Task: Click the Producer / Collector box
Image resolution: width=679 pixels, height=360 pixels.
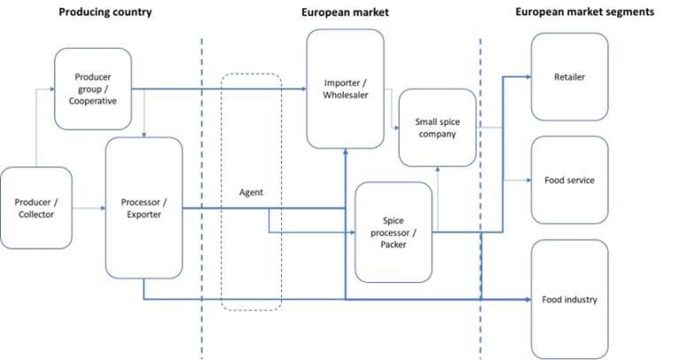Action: pyautogui.click(x=35, y=208)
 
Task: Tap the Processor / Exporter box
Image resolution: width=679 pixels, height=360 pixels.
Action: pyautogui.click(x=143, y=208)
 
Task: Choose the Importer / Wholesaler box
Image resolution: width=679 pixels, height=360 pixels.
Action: pyautogui.click(x=345, y=88)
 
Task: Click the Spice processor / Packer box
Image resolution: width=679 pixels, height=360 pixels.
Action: pyautogui.click(x=393, y=232)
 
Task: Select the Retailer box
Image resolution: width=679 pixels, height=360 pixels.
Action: pyautogui.click(x=569, y=77)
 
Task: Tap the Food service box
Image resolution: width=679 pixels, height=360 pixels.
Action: pyautogui.click(x=569, y=180)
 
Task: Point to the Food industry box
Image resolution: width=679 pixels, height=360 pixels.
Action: pyautogui.click(x=569, y=299)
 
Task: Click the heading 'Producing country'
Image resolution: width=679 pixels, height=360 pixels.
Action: pyautogui.click(x=104, y=12)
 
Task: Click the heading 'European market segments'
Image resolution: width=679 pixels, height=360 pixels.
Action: pyautogui.click(x=584, y=12)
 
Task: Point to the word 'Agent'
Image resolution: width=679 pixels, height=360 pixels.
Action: pyautogui.click(x=251, y=192)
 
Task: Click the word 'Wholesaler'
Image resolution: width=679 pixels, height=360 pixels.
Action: pyautogui.click(x=345, y=96)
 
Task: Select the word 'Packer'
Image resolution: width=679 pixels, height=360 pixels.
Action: pyautogui.click(x=393, y=244)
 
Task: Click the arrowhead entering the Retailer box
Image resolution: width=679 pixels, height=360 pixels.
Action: pyautogui.click(x=528, y=77)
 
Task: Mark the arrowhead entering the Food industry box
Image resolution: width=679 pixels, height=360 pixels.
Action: pyautogui.click(x=528, y=300)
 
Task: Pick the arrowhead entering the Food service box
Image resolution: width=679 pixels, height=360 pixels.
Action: pyautogui.click(x=528, y=180)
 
